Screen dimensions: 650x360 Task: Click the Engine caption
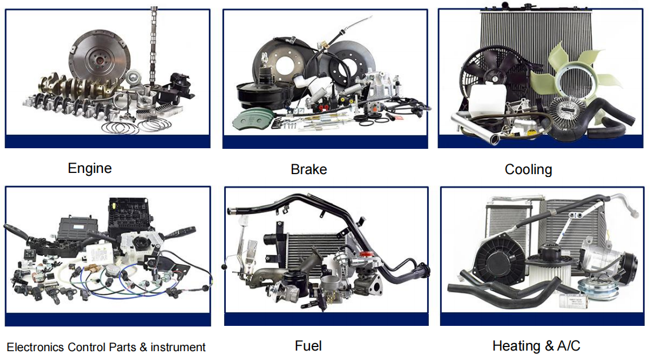(89, 168)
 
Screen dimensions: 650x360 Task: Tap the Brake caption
(309, 169)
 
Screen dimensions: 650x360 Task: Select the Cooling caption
(528, 169)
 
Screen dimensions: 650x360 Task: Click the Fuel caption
(308, 345)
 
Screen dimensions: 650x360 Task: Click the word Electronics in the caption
(35, 347)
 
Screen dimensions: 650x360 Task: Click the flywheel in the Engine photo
(99, 58)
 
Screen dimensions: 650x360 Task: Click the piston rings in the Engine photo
(137, 125)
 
